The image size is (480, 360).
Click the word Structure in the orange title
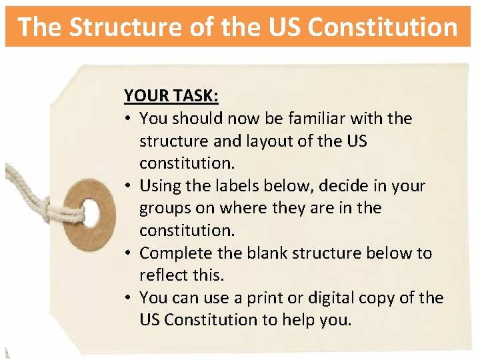(109, 27)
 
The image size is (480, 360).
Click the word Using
(161, 186)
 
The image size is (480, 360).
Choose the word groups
(164, 209)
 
